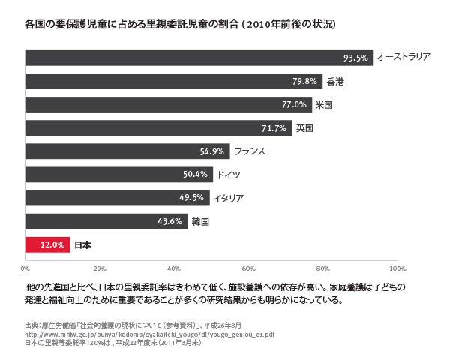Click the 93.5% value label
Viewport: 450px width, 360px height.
(355, 58)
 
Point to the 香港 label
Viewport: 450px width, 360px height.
(335, 81)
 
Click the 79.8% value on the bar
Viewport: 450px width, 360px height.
(304, 81)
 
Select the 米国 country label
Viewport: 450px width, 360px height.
(325, 104)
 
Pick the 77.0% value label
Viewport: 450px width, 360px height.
(294, 104)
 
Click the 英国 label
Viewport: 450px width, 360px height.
(304, 128)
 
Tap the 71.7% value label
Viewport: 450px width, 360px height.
(274, 128)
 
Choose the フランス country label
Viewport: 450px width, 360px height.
(250, 151)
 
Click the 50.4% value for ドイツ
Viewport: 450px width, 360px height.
(195, 175)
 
